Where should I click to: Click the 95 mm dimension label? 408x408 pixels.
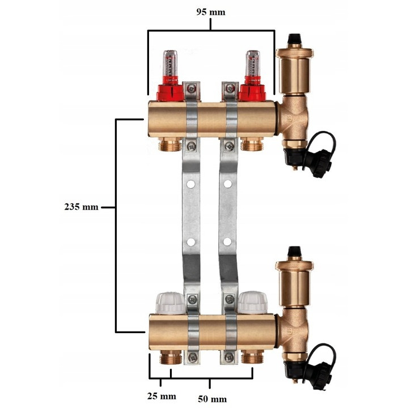(210, 12)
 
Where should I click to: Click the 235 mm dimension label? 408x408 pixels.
(82, 207)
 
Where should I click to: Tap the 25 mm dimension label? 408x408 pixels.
(161, 396)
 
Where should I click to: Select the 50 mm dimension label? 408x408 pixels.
(212, 399)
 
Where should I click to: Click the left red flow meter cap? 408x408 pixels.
(170, 89)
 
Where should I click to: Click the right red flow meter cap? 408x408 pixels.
(252, 89)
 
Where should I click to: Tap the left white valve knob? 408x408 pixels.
(170, 303)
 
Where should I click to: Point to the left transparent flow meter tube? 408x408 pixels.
(170, 63)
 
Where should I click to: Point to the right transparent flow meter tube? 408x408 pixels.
(253, 63)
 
